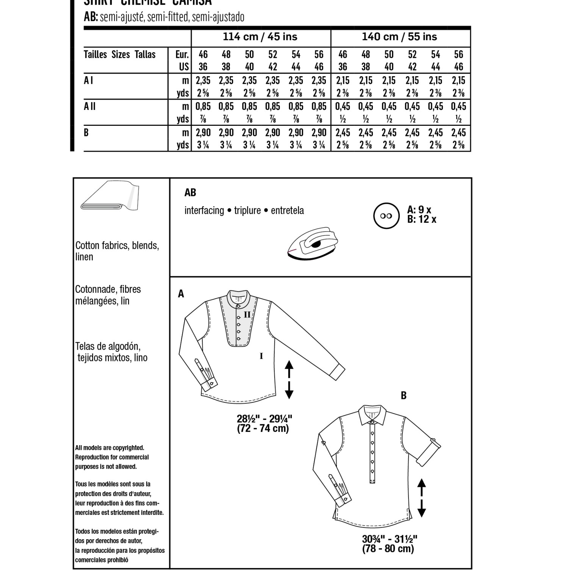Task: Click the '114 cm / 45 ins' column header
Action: [x=260, y=37]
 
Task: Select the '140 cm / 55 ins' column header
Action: [x=399, y=37]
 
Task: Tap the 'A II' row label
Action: [x=90, y=106]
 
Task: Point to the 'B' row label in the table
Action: [x=86, y=133]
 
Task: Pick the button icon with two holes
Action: [x=386, y=216]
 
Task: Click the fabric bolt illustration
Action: [x=110, y=196]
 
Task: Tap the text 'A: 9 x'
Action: [x=419, y=210]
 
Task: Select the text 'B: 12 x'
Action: [x=422, y=219]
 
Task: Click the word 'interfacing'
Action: [x=204, y=211]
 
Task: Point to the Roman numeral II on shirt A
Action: [x=247, y=314]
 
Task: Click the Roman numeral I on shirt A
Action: [x=261, y=356]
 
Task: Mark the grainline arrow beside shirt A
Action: [x=289, y=379]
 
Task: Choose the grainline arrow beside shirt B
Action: [x=421, y=498]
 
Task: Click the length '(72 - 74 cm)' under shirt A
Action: [x=263, y=429]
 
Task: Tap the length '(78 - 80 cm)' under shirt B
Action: [x=388, y=549]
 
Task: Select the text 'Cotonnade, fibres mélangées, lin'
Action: [x=108, y=295]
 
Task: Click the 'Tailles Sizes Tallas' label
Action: [x=120, y=55]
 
